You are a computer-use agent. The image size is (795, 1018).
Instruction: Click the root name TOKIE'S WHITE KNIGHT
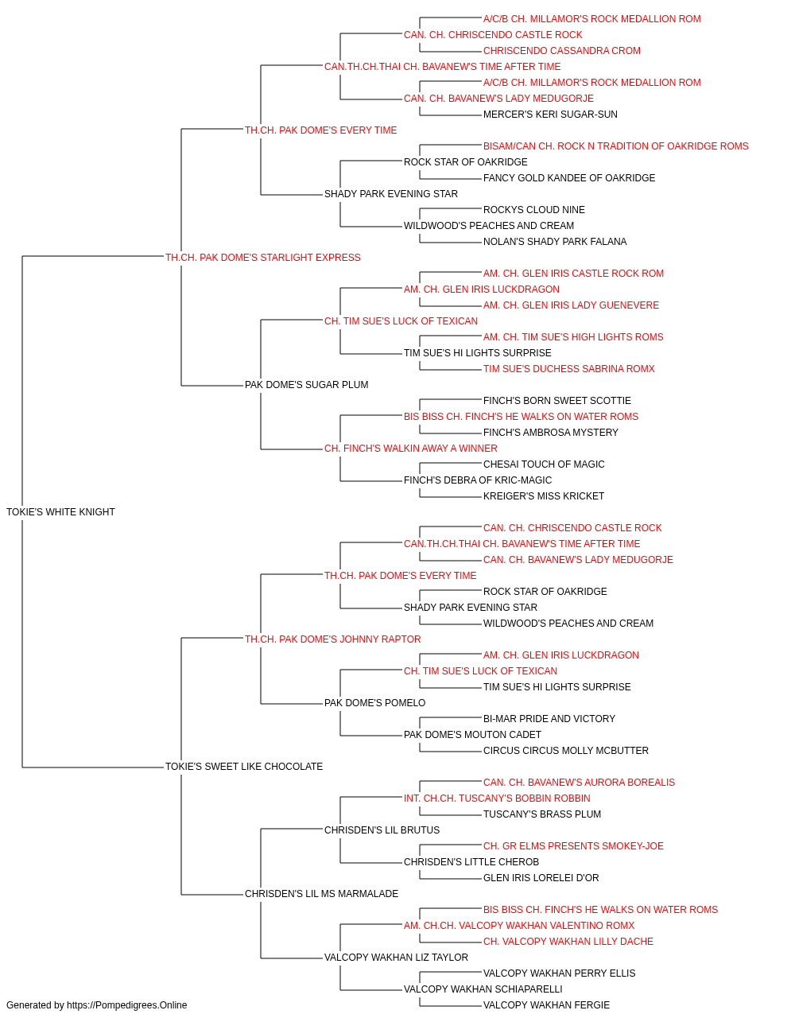(60, 512)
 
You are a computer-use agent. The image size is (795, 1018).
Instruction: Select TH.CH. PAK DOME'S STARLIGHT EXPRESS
(262, 258)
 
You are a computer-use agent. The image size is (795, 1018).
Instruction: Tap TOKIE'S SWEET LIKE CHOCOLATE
(244, 767)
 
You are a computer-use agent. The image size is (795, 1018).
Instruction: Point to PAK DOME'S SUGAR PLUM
(307, 385)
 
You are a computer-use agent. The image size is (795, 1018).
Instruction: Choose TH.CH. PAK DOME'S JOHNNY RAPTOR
(333, 639)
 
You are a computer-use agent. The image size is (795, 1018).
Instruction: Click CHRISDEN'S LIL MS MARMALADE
(322, 893)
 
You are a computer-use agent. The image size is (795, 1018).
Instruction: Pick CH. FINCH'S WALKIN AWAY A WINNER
(410, 449)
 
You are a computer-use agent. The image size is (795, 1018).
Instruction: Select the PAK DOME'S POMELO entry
(375, 703)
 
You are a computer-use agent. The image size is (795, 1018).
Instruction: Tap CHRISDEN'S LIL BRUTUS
(382, 830)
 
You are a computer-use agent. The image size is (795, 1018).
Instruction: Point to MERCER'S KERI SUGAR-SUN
(550, 115)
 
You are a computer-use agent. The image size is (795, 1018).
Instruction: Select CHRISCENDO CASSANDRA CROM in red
(562, 51)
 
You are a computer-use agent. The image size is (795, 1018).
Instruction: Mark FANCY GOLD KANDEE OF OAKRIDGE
(569, 178)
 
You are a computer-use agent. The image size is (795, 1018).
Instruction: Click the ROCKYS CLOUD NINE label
(533, 210)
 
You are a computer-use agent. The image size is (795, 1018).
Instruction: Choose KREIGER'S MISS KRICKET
(544, 496)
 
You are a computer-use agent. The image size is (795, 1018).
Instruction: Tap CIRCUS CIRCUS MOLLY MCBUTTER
(565, 751)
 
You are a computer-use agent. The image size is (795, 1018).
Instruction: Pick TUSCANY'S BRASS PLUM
(542, 814)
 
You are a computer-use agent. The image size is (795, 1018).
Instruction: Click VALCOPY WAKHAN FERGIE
(546, 1005)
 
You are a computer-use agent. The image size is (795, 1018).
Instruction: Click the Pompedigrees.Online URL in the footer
(126, 1005)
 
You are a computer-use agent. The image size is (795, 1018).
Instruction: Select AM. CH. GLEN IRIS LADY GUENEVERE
(571, 305)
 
